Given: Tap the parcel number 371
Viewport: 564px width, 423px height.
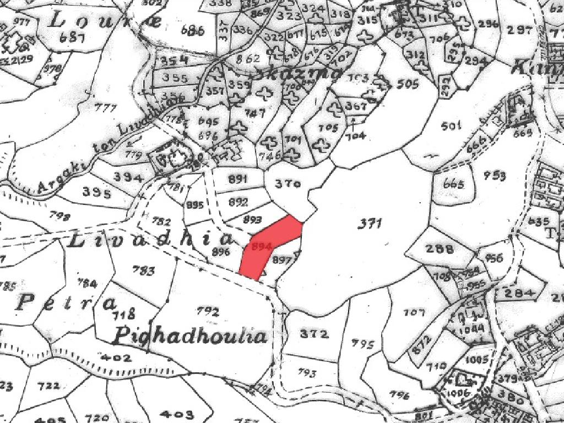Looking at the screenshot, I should (x=370, y=223).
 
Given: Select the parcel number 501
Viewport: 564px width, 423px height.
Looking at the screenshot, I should (x=451, y=127).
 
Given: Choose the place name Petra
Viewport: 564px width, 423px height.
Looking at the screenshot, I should (x=66, y=302).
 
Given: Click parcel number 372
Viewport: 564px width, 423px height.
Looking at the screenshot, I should (x=315, y=334).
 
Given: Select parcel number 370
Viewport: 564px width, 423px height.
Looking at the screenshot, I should (x=288, y=185).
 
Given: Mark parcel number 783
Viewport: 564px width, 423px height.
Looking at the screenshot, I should (x=144, y=270).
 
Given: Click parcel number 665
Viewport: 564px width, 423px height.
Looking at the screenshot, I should (x=453, y=184).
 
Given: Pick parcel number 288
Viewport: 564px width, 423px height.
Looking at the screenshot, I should (x=441, y=248).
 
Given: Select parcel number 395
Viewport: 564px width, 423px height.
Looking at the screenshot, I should (x=96, y=193).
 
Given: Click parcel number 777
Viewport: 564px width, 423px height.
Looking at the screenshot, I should (x=106, y=107).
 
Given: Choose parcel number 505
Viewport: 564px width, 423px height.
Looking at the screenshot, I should (x=408, y=84).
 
